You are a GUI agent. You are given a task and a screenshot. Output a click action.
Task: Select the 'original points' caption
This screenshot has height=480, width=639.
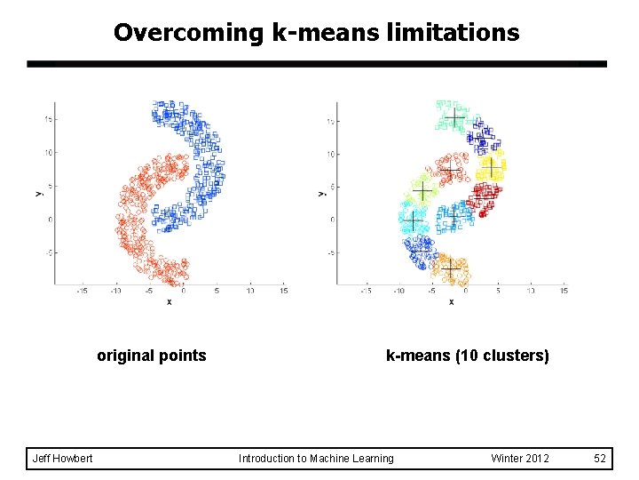pos(152,356)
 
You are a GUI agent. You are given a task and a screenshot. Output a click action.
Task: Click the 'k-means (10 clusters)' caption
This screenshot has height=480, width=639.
pos(468,356)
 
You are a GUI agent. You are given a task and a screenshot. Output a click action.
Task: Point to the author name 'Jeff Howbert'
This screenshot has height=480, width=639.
pos(62,459)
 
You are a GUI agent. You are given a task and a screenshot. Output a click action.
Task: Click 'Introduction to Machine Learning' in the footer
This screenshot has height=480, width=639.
pos(316,459)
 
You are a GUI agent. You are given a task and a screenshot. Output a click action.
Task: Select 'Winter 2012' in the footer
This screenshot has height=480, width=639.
pos(520,459)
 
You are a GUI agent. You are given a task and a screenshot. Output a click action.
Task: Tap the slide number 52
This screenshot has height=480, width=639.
pos(600,459)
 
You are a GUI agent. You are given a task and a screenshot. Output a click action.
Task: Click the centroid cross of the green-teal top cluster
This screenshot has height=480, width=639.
pos(454,116)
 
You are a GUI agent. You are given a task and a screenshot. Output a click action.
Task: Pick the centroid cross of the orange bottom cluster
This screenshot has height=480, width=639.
pos(453,268)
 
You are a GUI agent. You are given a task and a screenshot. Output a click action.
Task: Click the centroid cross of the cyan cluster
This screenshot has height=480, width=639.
pos(413,220)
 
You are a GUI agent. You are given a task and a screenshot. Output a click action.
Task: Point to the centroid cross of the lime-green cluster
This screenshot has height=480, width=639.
pos(423,192)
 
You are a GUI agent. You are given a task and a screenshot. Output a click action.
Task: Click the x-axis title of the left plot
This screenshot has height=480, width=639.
pos(169,301)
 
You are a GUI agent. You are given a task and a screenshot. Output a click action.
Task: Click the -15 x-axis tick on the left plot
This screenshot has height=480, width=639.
pos(82,291)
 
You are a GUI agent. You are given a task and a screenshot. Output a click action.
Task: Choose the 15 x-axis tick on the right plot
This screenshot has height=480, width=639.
pos(564,291)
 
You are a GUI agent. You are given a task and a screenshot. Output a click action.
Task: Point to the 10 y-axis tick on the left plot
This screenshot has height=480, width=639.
pos(51,152)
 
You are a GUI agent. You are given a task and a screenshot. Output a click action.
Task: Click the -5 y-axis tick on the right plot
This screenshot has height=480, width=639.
pos(330,252)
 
